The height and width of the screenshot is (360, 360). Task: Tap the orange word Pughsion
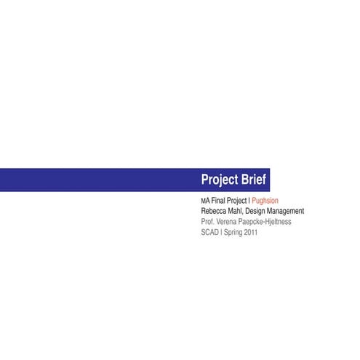click(x=265, y=201)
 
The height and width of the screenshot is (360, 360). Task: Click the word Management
click(x=287, y=211)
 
